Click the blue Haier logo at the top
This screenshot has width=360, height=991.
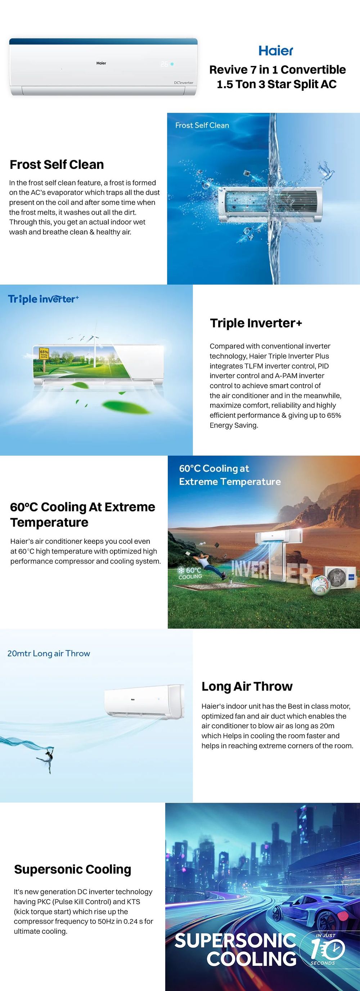pyautogui.click(x=276, y=50)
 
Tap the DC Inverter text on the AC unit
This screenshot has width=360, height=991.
pyautogui.click(x=184, y=83)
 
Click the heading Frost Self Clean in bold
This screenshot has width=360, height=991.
pyautogui.click(x=57, y=165)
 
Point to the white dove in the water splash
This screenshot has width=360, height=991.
pyautogui.click(x=326, y=170)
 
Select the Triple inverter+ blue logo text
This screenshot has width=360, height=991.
pyautogui.click(x=44, y=299)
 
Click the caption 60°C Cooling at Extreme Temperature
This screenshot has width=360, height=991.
pyautogui.click(x=230, y=475)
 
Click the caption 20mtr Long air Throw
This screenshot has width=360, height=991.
pyautogui.click(x=49, y=654)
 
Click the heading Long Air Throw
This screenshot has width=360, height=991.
pyautogui.click(x=247, y=686)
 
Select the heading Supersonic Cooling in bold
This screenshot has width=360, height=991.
pyautogui.click(x=73, y=869)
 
